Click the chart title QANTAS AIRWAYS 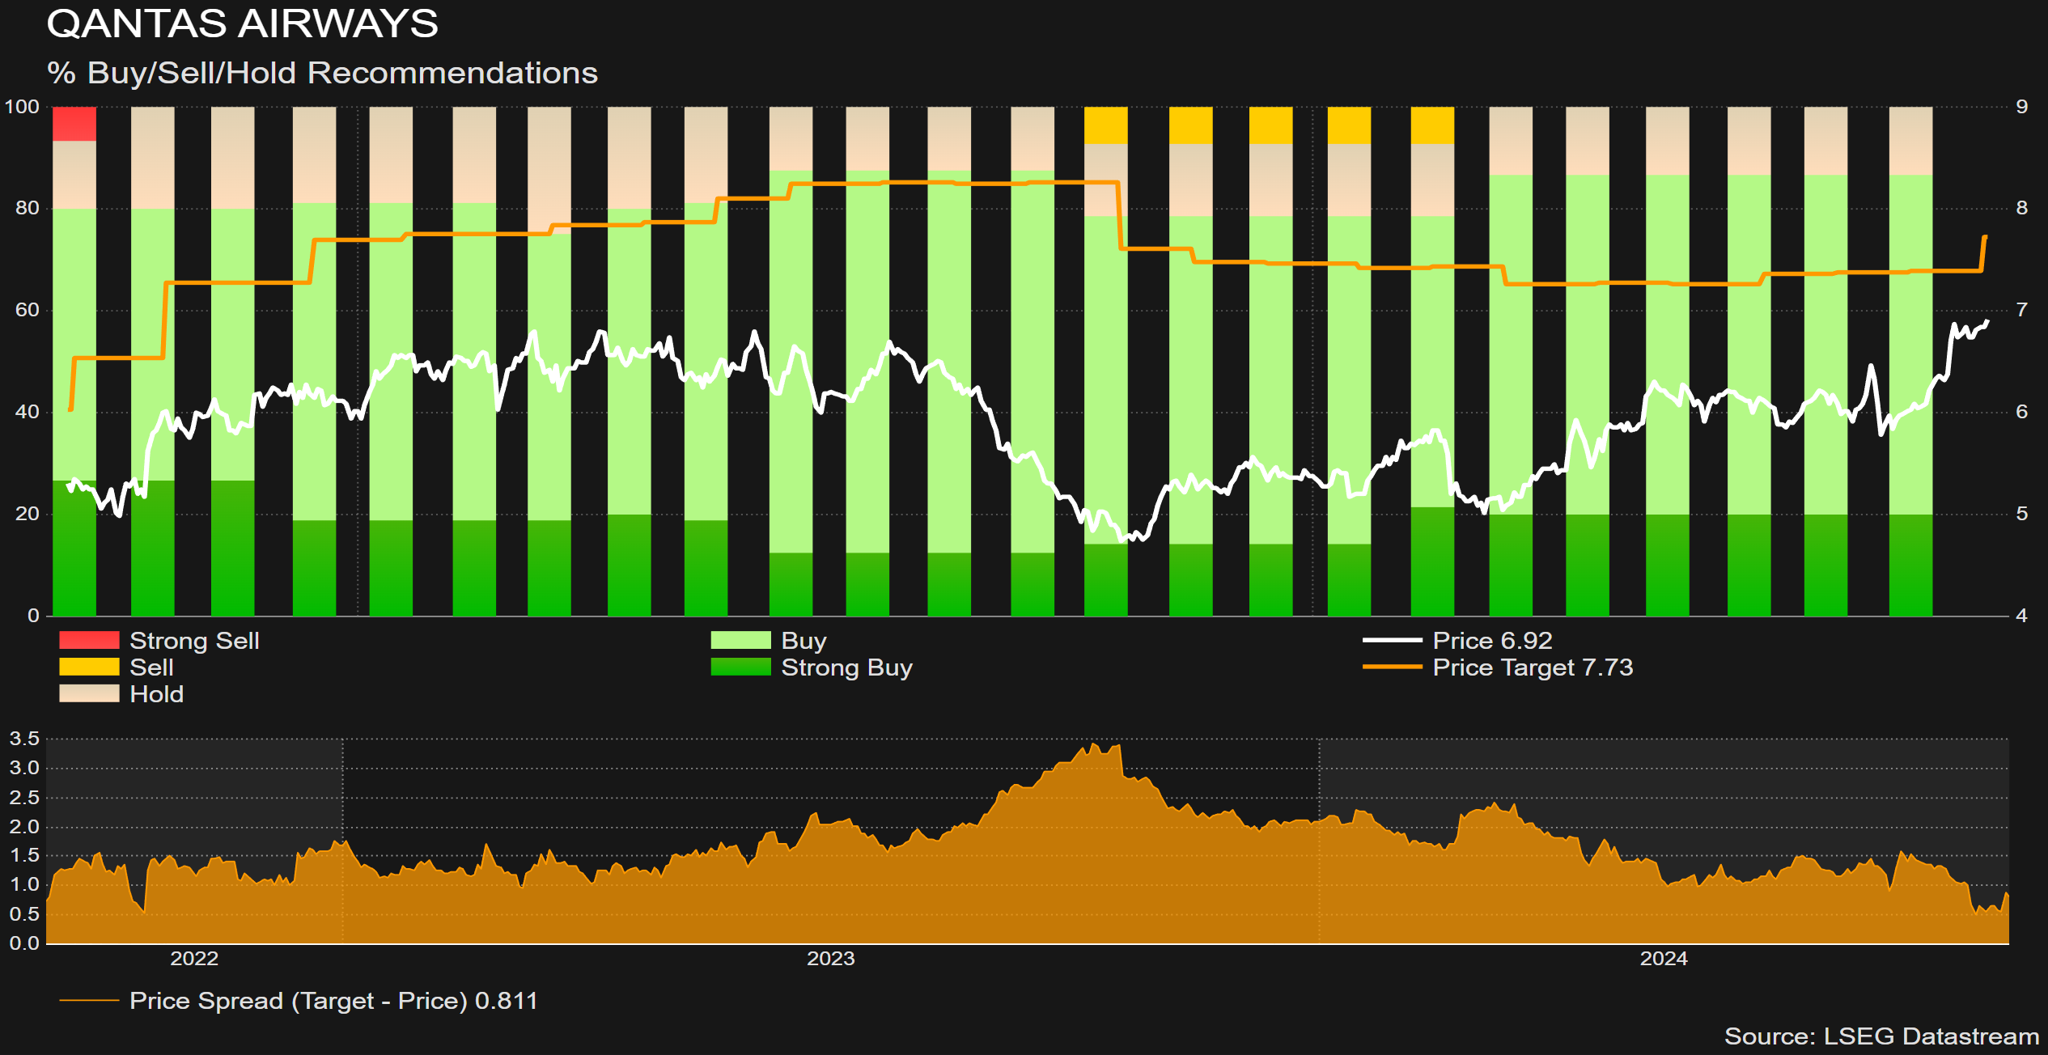pyautogui.click(x=242, y=23)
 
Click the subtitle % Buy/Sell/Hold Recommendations pyautogui.click(x=322, y=73)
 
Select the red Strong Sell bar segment pyautogui.click(x=74, y=124)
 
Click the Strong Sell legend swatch pyautogui.click(x=89, y=640)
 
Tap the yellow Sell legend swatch pyautogui.click(x=89, y=667)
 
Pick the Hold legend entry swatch pyautogui.click(x=89, y=693)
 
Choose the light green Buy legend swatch pyautogui.click(x=740, y=640)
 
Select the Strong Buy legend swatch pyautogui.click(x=740, y=667)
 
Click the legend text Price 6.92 pyautogui.click(x=1492, y=640)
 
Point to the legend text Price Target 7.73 pyautogui.click(x=1533, y=667)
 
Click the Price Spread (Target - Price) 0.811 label pyautogui.click(x=333, y=1001)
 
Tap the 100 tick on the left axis pyautogui.click(x=22, y=107)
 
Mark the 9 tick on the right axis pyautogui.click(x=2021, y=107)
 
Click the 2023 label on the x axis pyautogui.click(x=830, y=959)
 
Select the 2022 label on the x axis pyautogui.click(x=194, y=959)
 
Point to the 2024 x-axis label pyautogui.click(x=1664, y=959)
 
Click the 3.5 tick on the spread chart pyautogui.click(x=24, y=739)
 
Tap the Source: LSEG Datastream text pyautogui.click(x=1881, y=1036)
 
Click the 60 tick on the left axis pyautogui.click(x=27, y=310)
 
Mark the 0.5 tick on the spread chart pyautogui.click(x=24, y=914)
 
